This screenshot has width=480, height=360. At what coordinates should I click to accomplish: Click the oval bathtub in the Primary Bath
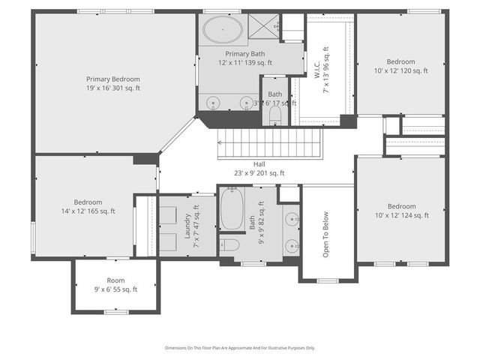(222, 31)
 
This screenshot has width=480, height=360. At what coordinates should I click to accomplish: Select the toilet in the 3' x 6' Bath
(274, 115)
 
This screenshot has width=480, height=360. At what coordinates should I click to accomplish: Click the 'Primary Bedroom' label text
(112, 79)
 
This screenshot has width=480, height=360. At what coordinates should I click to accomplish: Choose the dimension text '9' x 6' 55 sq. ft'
(115, 289)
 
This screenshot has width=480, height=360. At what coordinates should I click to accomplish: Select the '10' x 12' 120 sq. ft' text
(400, 71)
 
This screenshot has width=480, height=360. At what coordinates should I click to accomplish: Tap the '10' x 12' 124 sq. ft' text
(401, 216)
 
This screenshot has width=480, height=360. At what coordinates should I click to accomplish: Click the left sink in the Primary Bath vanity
(213, 101)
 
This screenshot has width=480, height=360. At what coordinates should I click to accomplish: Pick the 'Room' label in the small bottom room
(115, 280)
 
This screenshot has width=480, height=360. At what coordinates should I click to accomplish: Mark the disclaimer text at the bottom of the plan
(240, 348)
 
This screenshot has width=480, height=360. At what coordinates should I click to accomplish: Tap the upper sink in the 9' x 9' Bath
(292, 218)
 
